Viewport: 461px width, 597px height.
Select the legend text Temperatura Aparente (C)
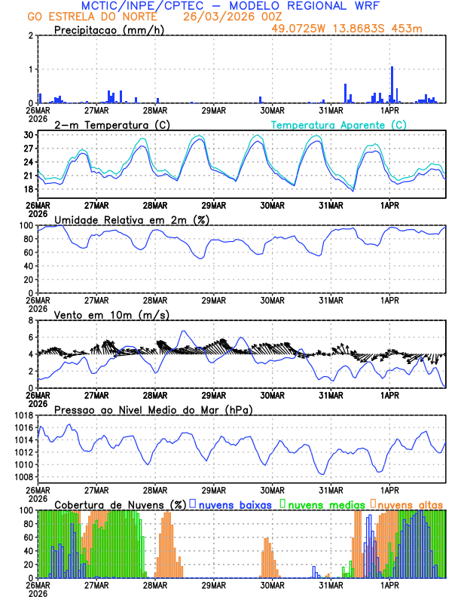[x=338, y=124]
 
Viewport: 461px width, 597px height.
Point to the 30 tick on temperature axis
[x=29, y=135]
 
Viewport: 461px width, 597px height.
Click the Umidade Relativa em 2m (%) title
[x=131, y=219]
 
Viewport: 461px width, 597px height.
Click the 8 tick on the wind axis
[x=32, y=320]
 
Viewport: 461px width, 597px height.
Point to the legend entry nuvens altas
[x=410, y=504]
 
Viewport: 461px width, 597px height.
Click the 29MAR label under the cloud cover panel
[x=214, y=584]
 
